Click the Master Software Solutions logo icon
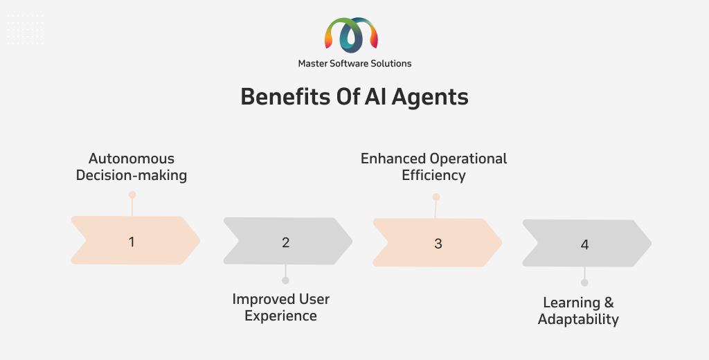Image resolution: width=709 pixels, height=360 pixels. point(351,35)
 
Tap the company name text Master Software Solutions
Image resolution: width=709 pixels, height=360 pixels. point(354,64)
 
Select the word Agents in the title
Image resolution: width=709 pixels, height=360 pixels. point(429,98)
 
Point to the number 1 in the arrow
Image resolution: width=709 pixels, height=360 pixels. point(132,242)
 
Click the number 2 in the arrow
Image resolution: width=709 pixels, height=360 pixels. point(285,242)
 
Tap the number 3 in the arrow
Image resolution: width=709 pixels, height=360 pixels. point(438,244)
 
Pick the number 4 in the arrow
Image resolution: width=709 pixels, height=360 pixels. point(584,244)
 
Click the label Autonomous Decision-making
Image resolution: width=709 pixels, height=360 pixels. point(132,167)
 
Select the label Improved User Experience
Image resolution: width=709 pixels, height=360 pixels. point(281,307)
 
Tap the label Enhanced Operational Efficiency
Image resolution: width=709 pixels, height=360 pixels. point(433,167)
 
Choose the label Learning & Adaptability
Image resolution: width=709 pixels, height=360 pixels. point(578,311)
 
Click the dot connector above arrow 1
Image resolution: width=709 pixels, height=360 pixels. point(132,195)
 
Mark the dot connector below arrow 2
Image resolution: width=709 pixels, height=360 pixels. point(285,280)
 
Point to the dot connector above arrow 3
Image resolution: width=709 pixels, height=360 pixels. point(436,197)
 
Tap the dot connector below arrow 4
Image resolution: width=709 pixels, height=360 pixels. point(584,282)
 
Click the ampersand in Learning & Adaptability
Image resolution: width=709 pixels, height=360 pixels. point(609,303)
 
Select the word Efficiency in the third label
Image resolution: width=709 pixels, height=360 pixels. point(433,175)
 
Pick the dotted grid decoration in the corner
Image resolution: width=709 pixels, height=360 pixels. point(26,30)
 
